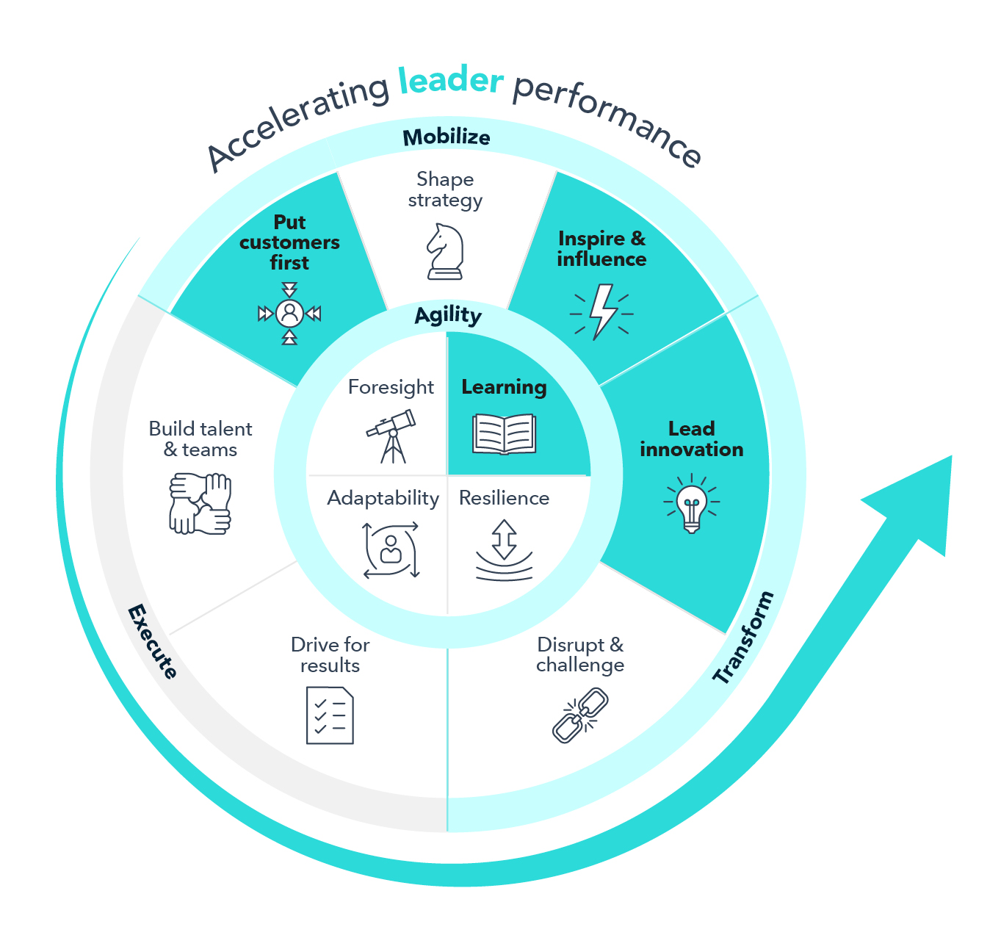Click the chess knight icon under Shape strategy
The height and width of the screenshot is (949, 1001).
tap(445, 252)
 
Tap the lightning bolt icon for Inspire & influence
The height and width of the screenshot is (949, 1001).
tap(602, 312)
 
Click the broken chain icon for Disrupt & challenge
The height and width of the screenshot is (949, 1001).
tap(580, 715)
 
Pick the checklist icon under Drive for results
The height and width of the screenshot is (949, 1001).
tap(330, 715)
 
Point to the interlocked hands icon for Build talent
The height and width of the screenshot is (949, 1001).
tap(200, 503)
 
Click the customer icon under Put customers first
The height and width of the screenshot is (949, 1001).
tap(289, 314)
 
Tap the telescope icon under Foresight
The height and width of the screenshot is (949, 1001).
tap(391, 436)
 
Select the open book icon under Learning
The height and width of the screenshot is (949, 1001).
tap(504, 434)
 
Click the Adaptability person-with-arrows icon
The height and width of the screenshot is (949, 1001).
tap(391, 550)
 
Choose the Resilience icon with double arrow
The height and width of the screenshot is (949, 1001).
tap(504, 550)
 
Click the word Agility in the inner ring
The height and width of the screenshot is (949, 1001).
tap(448, 315)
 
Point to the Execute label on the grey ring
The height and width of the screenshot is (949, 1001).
tap(153, 641)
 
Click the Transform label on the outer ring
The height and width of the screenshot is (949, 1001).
tap(743, 638)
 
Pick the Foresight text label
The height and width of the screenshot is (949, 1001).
tap(391, 387)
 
